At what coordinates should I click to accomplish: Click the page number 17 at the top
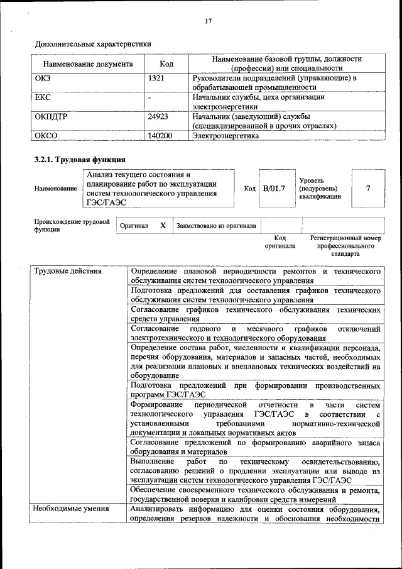208,21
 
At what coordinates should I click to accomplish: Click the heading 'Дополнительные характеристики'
93,44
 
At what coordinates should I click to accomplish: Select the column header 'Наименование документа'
88,64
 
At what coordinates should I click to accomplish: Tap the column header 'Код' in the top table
166,64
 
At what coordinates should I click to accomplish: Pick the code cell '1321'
156,79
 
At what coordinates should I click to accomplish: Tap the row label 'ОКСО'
46,135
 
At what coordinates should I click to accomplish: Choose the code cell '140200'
160,135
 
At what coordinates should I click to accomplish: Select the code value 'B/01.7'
274,188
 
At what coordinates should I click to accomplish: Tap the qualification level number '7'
367,188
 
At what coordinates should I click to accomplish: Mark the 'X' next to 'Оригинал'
162,225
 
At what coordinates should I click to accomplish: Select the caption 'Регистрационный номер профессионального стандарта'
345,246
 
